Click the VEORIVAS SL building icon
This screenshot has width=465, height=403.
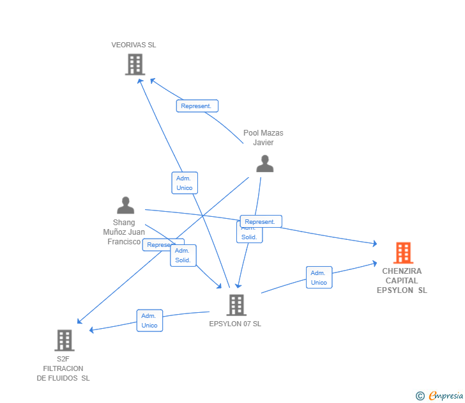(135, 65)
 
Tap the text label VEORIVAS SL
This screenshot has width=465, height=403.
(133, 45)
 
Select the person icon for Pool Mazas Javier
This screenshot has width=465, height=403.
(264, 164)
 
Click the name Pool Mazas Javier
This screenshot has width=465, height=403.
(263, 138)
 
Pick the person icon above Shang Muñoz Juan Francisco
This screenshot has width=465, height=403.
(126, 205)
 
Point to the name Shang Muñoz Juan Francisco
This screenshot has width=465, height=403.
(124, 232)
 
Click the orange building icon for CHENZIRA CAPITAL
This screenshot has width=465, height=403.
(403, 253)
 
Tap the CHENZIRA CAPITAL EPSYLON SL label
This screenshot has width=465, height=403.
(402, 281)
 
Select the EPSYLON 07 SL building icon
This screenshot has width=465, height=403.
(236, 304)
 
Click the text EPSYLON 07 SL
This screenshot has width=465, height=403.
(235, 324)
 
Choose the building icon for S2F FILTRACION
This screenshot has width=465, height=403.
(65, 340)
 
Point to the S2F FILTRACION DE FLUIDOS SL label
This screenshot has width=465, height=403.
(63, 368)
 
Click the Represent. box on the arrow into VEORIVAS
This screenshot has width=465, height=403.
(197, 106)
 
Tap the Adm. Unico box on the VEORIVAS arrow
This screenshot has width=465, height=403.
(185, 183)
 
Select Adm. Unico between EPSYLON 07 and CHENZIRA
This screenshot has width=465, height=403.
(319, 278)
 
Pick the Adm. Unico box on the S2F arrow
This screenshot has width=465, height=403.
(149, 320)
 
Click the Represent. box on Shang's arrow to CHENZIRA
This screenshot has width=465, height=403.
(261, 221)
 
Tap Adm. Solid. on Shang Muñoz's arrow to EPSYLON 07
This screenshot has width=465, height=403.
(183, 256)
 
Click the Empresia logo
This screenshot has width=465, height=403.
(446, 396)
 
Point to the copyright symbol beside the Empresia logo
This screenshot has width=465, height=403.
(420, 396)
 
